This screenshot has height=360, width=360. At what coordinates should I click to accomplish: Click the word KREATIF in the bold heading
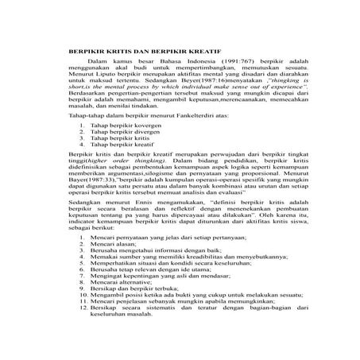177,50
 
